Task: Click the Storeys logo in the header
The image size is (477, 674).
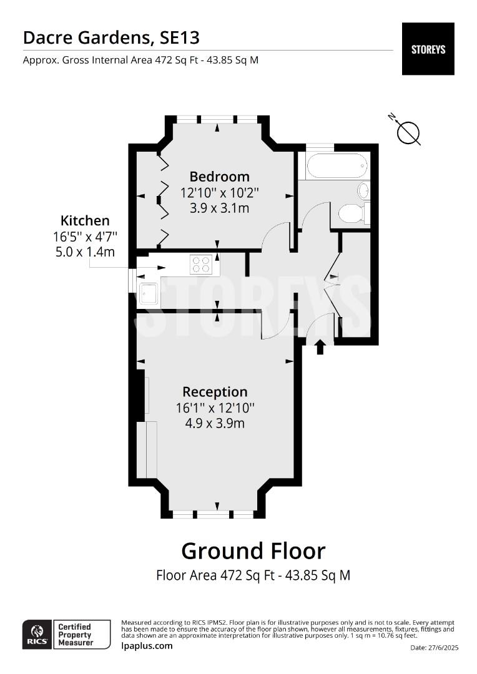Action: point(428,49)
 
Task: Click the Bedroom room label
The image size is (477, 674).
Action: point(219,177)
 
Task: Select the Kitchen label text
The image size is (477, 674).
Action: point(85,220)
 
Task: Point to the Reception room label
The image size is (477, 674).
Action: point(215,392)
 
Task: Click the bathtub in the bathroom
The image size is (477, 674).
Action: point(336,165)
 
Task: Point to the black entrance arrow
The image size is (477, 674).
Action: point(320,347)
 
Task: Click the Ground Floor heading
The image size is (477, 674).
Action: point(253,551)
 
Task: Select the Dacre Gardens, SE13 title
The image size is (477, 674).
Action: point(111,37)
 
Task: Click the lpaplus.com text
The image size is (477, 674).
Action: point(147,646)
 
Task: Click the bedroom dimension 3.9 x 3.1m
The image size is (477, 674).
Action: point(219,208)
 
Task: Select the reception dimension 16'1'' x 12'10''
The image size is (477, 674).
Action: point(215,408)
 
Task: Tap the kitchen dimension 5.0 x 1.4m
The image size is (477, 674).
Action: point(85,252)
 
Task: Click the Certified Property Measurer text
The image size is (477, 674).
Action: point(75,635)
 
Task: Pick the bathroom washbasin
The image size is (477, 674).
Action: point(363,190)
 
